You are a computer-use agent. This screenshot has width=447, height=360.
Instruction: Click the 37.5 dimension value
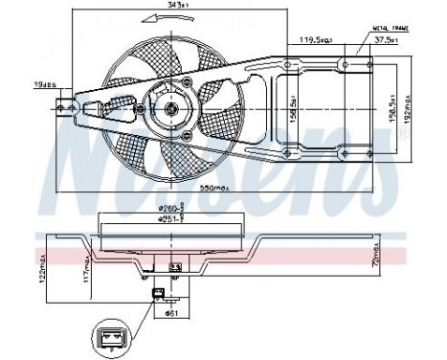[386, 41]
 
